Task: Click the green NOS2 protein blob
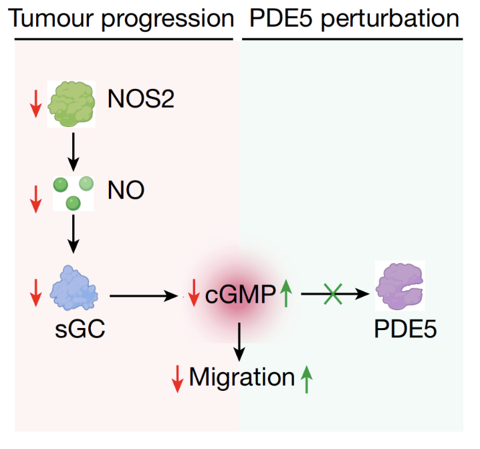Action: (x=72, y=104)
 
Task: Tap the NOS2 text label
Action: (x=141, y=98)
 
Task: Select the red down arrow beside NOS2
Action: (x=36, y=104)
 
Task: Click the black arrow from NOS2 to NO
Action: (x=73, y=152)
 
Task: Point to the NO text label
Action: (x=126, y=190)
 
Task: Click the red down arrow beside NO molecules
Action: (x=36, y=199)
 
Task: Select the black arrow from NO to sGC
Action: (x=73, y=234)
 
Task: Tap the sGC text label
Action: (x=80, y=329)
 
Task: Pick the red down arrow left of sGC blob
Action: (x=36, y=293)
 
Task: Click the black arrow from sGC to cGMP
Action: (x=144, y=296)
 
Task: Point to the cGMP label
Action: (x=240, y=294)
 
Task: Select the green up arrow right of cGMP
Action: (x=286, y=293)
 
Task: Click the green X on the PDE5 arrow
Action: (x=333, y=293)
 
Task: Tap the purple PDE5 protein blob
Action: (x=400, y=286)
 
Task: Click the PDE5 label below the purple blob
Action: (x=405, y=329)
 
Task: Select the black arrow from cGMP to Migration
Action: (x=239, y=342)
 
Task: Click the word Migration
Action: (x=242, y=377)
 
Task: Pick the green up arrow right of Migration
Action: (x=306, y=380)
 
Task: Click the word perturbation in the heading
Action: (x=390, y=19)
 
